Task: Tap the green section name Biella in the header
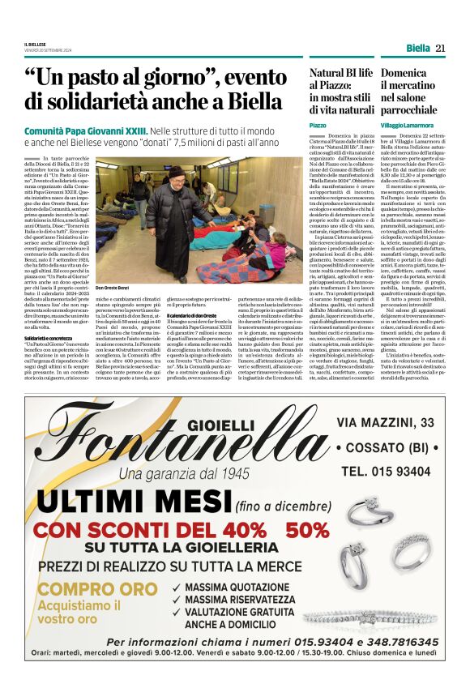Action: point(418,49)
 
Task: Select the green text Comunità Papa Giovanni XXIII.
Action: point(84,130)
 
